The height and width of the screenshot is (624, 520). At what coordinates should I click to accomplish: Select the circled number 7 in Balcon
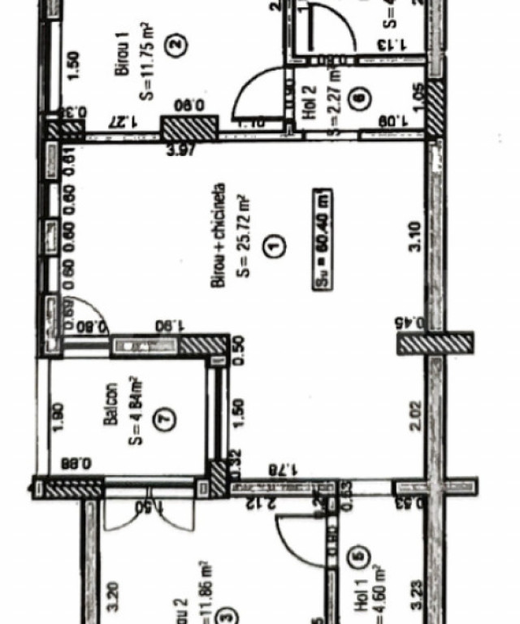pyautogui.click(x=166, y=419)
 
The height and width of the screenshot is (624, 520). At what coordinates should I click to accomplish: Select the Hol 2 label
pyautogui.click(x=310, y=103)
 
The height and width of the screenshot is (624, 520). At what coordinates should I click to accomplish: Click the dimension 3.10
pyautogui.click(x=415, y=237)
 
